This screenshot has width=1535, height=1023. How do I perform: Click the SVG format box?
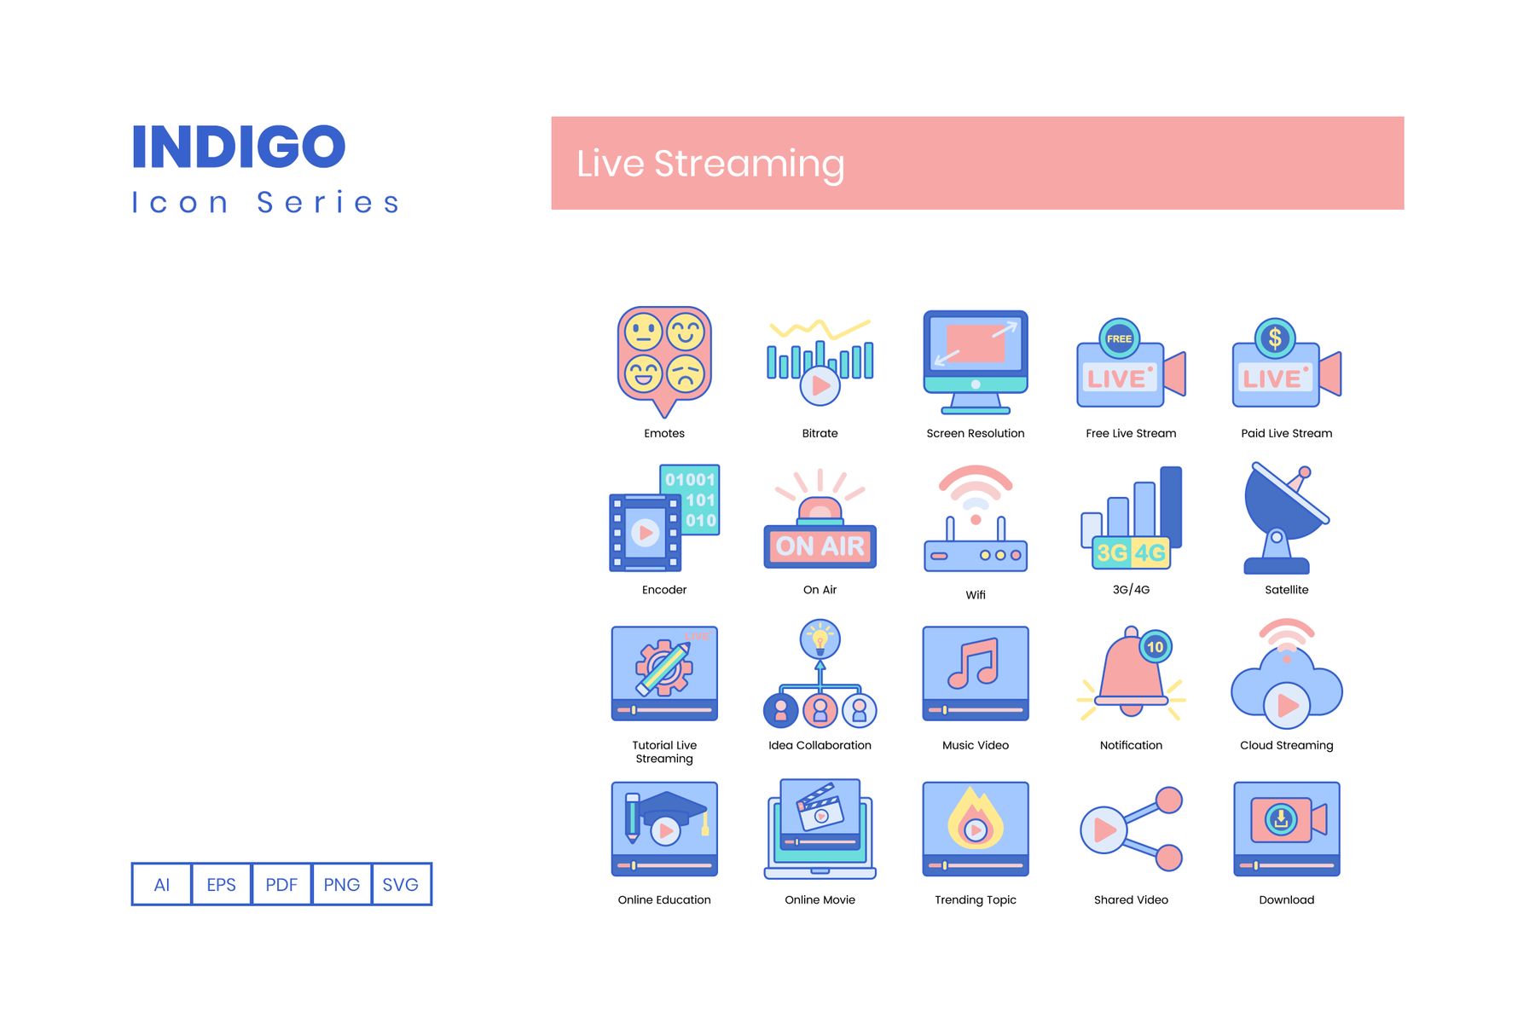(x=402, y=884)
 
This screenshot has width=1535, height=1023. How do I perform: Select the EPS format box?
(x=222, y=884)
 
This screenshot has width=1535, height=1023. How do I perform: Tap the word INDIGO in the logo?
(x=239, y=147)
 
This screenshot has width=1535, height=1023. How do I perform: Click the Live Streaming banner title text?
(x=710, y=164)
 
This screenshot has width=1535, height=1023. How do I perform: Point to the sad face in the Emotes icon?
(x=686, y=373)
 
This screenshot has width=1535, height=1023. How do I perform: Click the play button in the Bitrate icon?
(x=820, y=385)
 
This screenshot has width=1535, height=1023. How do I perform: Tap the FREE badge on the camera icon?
(x=1119, y=338)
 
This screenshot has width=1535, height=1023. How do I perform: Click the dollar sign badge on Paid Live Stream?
(x=1275, y=338)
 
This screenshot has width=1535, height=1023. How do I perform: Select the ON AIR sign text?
(x=820, y=546)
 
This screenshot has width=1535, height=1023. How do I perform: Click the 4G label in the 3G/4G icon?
(x=1150, y=553)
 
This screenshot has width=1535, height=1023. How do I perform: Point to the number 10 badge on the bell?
(x=1155, y=647)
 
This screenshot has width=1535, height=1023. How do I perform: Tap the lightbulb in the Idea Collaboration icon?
(x=820, y=639)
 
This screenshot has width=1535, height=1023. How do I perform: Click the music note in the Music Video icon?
(x=974, y=663)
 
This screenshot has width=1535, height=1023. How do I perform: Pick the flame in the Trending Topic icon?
(x=976, y=819)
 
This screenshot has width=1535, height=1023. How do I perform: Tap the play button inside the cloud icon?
(x=1287, y=705)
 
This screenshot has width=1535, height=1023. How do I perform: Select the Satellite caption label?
(x=1286, y=590)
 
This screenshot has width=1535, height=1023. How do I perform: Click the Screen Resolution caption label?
(x=976, y=434)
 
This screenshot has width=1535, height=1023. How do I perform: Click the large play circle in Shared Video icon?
(x=1103, y=829)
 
